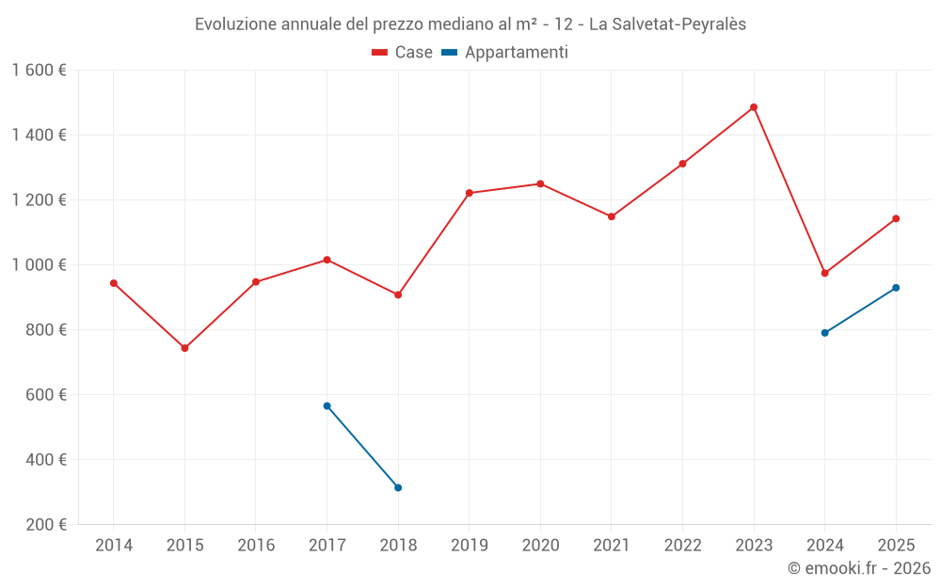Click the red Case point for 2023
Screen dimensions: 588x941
(x=754, y=107)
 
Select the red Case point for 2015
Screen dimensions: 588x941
(x=184, y=348)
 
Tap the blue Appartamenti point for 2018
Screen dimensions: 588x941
(x=398, y=487)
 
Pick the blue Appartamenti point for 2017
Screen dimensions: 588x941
(x=327, y=405)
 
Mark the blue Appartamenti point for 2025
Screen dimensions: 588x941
(x=896, y=288)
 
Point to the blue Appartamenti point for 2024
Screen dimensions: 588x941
(x=824, y=333)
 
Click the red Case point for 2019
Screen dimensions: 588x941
(x=469, y=193)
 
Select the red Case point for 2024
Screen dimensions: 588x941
(x=824, y=273)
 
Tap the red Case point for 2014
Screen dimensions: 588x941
(x=114, y=283)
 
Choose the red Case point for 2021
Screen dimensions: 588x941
(x=612, y=216)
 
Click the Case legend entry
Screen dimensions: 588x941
(x=402, y=53)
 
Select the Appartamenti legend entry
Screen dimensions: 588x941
(x=505, y=53)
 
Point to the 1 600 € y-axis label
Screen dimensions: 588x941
(x=39, y=70)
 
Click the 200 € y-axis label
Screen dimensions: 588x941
(x=45, y=524)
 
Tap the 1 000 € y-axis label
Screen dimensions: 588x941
(x=39, y=264)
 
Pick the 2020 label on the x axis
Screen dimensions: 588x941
(x=540, y=546)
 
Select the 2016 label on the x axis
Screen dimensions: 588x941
(x=256, y=546)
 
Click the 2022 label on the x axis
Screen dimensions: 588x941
(x=682, y=546)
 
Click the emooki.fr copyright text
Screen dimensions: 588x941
(x=858, y=568)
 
